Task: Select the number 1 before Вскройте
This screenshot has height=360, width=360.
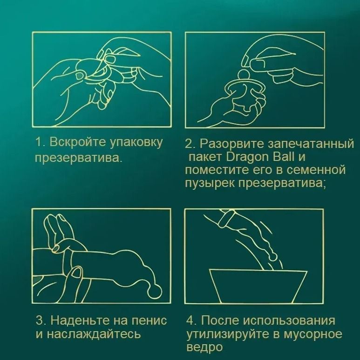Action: coord(39,141)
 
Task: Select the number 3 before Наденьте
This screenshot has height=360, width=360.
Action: coord(40,320)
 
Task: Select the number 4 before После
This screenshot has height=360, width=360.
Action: coord(190,320)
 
